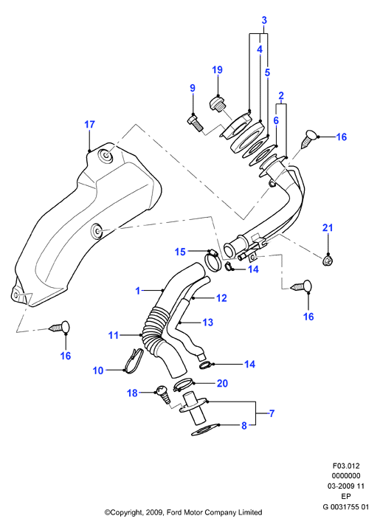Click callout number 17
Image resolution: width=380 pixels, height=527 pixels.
tap(89, 125)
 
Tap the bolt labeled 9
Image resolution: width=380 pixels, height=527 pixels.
tap(194, 123)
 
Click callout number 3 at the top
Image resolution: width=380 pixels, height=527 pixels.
tap(264, 20)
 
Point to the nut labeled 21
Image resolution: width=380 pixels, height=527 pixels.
tap(328, 260)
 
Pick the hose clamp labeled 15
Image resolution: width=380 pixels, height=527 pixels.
tap(213, 260)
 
